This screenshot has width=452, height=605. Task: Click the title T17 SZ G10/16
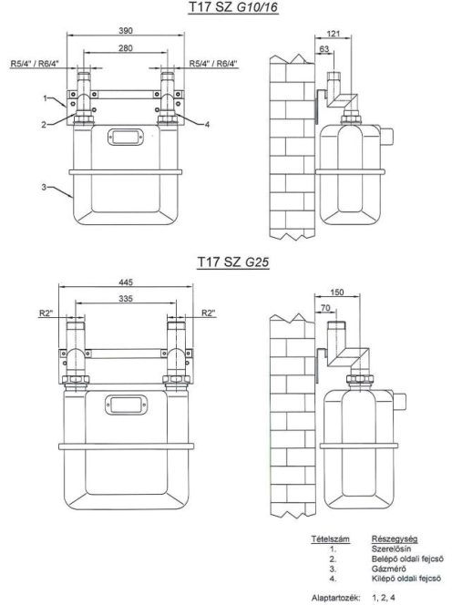tap(233, 7)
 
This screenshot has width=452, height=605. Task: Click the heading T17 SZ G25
tap(233, 262)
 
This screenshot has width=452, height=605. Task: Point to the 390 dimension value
tap(126, 30)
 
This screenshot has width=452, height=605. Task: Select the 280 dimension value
tap(126, 48)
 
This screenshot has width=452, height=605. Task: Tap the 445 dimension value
tap(126, 282)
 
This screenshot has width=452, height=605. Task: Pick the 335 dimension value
tap(126, 299)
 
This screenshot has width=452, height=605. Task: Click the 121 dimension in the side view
tap(334, 34)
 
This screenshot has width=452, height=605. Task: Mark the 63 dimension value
tap(324, 49)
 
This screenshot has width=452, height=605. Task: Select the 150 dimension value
tap(337, 292)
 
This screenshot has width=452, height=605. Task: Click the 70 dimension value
tap(325, 308)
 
